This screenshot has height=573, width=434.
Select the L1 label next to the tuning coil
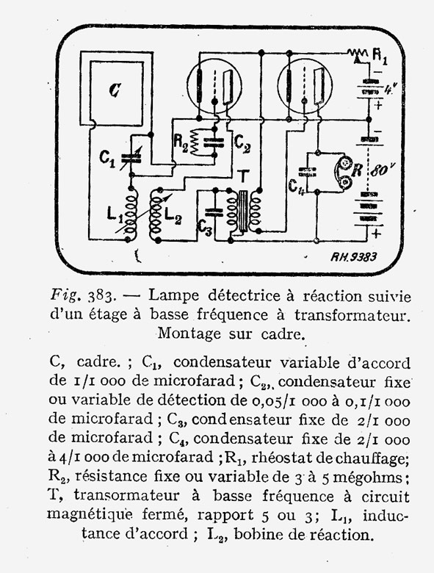[x=115, y=215]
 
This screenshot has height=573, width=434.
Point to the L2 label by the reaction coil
[x=173, y=215]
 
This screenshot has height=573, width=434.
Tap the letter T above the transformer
[x=243, y=177]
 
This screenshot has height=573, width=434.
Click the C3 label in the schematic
[x=204, y=228]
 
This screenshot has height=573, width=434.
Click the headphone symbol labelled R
[x=344, y=173]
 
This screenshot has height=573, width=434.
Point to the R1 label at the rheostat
[x=380, y=57]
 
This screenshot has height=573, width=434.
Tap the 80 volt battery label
[x=383, y=170]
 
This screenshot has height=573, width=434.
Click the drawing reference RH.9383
[x=353, y=257]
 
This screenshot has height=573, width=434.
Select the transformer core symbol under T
[x=243, y=212]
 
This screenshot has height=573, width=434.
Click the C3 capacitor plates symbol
[x=214, y=212]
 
